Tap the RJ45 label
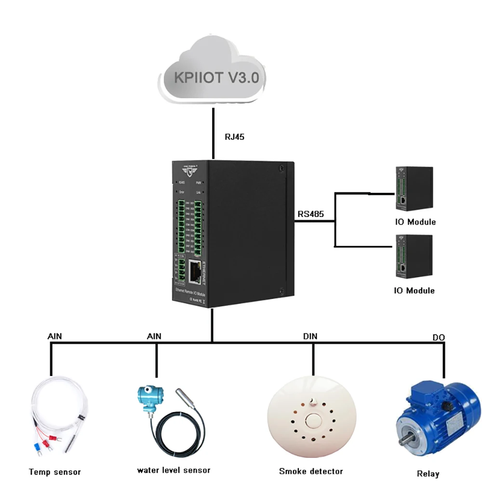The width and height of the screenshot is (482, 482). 235,137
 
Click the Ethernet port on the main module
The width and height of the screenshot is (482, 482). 195,271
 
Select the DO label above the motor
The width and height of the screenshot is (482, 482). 438,338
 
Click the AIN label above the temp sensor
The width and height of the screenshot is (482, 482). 55,336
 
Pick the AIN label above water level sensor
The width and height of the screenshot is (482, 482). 154,336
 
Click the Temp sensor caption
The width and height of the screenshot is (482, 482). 54,472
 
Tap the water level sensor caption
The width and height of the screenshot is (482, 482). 174,470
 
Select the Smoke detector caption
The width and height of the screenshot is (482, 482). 311,471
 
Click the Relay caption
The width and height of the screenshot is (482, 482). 428,473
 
